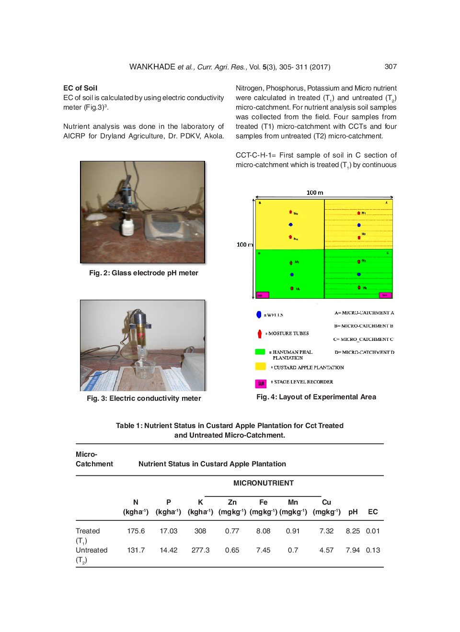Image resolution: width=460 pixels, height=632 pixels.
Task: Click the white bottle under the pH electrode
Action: (x=127, y=226)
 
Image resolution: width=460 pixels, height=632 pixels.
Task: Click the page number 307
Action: (x=391, y=67)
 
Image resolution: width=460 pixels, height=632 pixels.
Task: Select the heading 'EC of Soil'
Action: (x=80, y=88)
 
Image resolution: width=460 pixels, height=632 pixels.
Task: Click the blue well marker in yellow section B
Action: (x=290, y=225)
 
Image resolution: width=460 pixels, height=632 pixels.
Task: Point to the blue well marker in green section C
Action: (x=359, y=274)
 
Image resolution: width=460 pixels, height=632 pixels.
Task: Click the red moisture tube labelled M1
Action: (x=358, y=213)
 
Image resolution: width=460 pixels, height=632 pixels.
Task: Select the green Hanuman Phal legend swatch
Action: (x=260, y=352)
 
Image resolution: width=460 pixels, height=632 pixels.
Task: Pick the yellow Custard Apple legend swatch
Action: (x=260, y=366)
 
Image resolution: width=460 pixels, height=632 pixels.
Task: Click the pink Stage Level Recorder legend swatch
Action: (x=261, y=383)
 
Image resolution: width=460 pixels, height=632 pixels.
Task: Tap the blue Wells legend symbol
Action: (x=259, y=315)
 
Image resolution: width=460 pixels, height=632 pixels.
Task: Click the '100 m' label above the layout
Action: (x=315, y=192)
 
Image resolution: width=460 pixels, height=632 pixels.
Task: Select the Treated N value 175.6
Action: (x=136, y=531)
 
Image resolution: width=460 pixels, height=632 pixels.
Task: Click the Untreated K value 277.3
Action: (x=200, y=550)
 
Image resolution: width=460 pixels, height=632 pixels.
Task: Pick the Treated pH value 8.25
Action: (x=353, y=531)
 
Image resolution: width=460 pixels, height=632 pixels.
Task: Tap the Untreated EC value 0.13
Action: (x=373, y=550)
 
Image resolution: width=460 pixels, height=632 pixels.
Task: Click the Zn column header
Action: (x=232, y=502)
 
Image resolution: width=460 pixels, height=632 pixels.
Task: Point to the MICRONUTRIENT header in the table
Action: (x=263, y=483)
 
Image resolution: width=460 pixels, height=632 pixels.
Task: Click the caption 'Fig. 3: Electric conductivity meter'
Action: (x=144, y=398)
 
